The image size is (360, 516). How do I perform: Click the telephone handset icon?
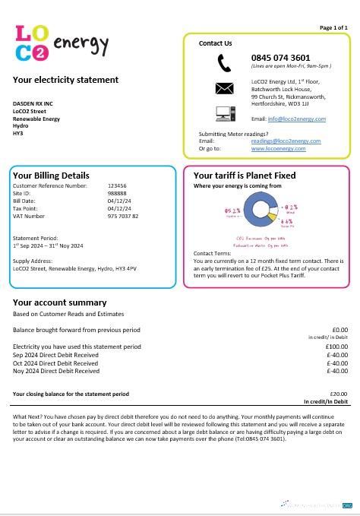pos(224,62)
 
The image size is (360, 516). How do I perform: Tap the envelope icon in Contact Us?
pos(224,87)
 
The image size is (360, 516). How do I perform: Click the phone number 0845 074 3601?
pos(280,57)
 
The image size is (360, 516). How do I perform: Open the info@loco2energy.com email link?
pos(298,119)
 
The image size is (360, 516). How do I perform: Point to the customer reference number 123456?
pos(117,185)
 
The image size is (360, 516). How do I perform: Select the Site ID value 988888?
pos(117,193)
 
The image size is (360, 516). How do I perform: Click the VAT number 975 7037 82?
pos(123,216)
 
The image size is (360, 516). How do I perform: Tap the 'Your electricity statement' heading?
pos(65,80)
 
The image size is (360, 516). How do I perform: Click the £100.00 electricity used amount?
pos(336,347)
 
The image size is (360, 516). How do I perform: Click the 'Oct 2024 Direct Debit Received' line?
pos(56,363)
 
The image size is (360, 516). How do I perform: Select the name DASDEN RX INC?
pos(33,103)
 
